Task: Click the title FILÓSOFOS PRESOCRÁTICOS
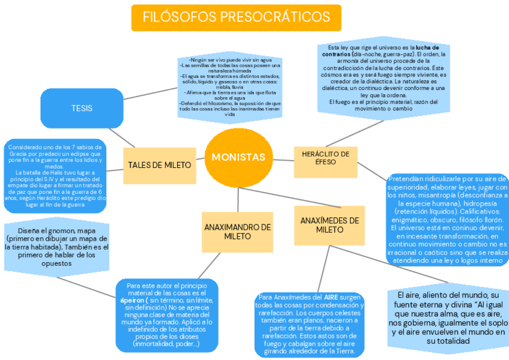pyautogui.click(x=236, y=17)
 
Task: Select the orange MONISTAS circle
pyautogui.click(x=238, y=157)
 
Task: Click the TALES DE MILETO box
pyautogui.click(x=159, y=165)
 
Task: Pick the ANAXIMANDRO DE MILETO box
pyautogui.click(x=237, y=232)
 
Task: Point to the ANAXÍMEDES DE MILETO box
pyautogui.click(x=330, y=225)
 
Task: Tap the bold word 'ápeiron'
pyautogui.click(x=131, y=299)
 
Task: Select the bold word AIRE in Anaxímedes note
pyautogui.click(x=331, y=298)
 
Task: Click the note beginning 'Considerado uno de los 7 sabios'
pyautogui.click(x=55, y=176)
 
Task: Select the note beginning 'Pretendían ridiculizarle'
pyautogui.click(x=447, y=220)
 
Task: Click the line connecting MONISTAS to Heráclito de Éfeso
pyautogui.click(x=282, y=160)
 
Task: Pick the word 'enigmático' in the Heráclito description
pyautogui.click(x=410, y=220)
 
